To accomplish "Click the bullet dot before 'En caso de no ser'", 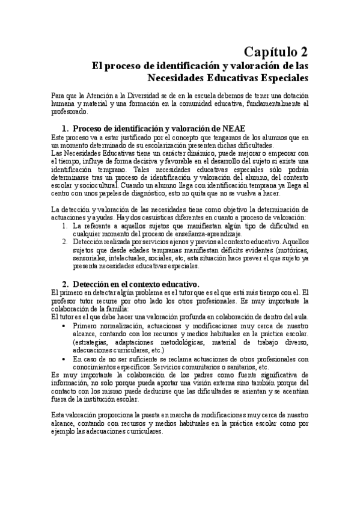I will [x=65, y=358].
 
